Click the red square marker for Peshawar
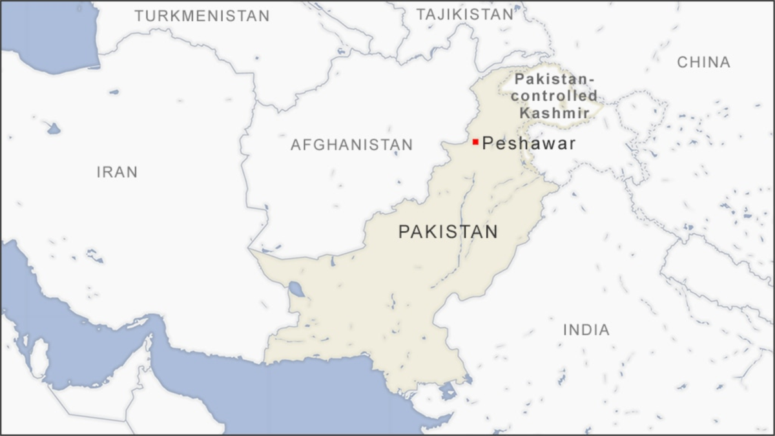click(475, 141)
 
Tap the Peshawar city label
click(529, 143)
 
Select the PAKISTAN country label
click(448, 231)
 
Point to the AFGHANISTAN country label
click(351, 145)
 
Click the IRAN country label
click(117, 172)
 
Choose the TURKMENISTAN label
click(201, 16)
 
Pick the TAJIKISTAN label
click(464, 14)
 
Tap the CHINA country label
click(703, 62)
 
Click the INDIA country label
click(586, 330)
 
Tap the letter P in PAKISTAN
click(404, 231)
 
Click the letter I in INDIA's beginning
click(566, 330)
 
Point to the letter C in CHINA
click(682, 62)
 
